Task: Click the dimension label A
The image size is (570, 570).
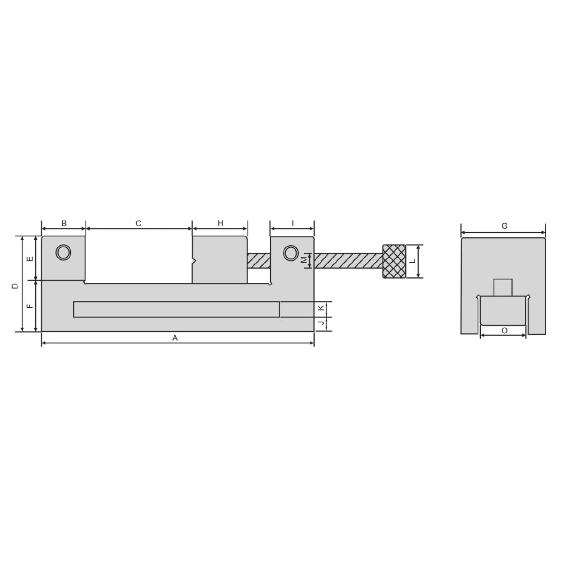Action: click(175, 338)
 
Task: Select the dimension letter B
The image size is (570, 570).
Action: click(64, 223)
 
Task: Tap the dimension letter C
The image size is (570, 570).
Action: click(138, 223)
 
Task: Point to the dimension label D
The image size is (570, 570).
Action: click(15, 286)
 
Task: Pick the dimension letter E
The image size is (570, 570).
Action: click(30, 259)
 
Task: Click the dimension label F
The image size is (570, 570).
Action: click(30, 306)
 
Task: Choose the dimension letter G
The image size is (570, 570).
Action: click(505, 226)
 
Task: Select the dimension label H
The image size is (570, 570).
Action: click(221, 223)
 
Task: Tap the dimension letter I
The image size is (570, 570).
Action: click(292, 223)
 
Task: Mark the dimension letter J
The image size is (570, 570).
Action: click(321, 323)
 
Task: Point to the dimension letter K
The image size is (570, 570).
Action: click(321, 308)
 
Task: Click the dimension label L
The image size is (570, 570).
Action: click(413, 261)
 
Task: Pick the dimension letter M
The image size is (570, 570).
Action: click(304, 260)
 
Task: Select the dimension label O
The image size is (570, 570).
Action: click(505, 330)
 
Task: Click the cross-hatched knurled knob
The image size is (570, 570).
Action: click(394, 261)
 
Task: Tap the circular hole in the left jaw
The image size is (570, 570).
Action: click(63, 252)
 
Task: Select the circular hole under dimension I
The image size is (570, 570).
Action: click(290, 253)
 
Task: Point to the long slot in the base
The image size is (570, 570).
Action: click(176, 309)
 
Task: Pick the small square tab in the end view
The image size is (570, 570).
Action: click(503, 287)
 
